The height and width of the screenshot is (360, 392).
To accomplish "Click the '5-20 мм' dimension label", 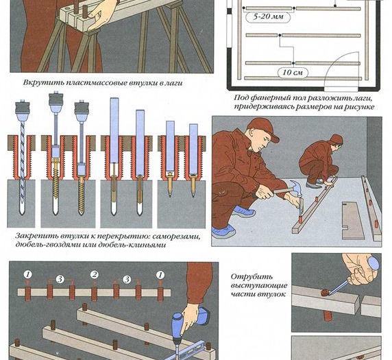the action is (268, 17).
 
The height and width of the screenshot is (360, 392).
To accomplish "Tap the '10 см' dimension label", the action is (293, 73).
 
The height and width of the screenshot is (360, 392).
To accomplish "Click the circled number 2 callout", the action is (95, 275).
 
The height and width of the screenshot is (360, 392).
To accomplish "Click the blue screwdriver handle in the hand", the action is (373, 264).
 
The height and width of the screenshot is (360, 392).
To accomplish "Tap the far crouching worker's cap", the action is (336, 139).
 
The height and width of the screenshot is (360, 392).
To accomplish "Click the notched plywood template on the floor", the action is (353, 220).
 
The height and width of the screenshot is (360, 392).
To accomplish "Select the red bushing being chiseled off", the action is (325, 292).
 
